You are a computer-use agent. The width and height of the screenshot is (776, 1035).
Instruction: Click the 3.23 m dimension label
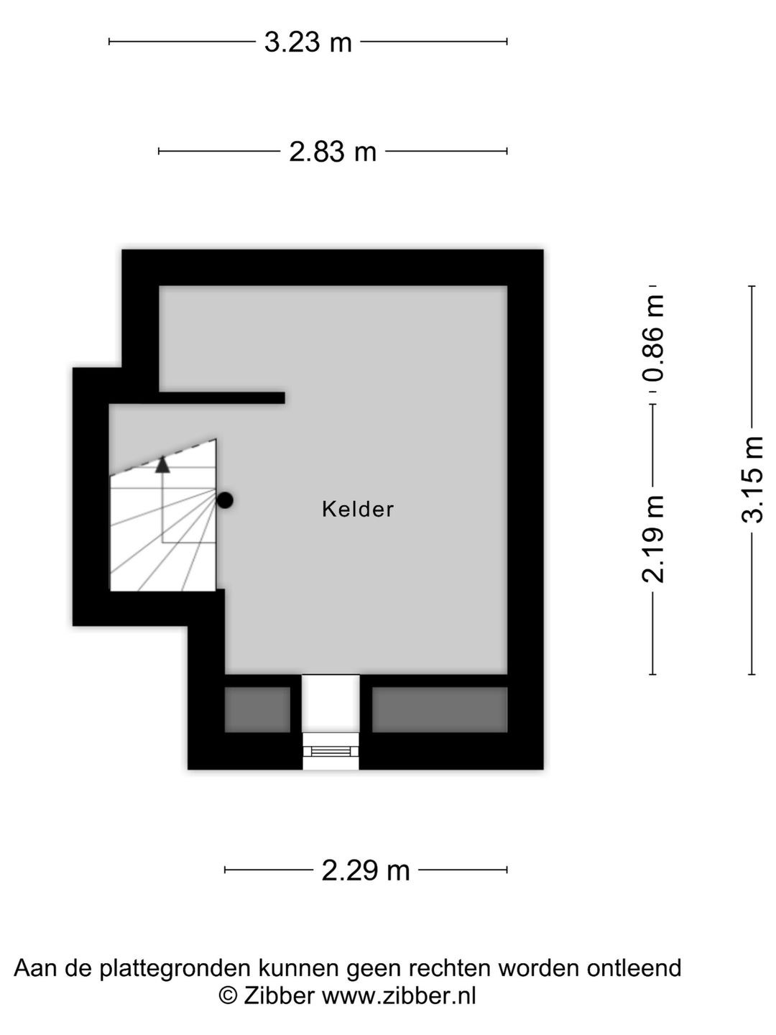(308, 42)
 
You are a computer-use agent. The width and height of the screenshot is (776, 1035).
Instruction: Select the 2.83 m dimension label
(333, 152)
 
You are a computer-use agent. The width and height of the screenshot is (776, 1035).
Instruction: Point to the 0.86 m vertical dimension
(653, 338)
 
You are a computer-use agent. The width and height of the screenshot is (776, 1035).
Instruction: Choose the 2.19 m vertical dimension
(653, 539)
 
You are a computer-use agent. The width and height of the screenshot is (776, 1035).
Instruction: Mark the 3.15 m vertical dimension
(752, 480)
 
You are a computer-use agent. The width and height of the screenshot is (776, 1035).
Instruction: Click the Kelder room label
(358, 510)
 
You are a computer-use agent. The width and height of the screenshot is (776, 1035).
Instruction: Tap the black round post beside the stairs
(225, 500)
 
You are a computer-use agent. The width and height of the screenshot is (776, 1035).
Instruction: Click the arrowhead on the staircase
(162, 464)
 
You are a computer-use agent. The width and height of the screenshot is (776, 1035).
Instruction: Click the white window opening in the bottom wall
(331, 722)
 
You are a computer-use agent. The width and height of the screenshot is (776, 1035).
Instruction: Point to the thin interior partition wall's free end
(284, 397)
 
